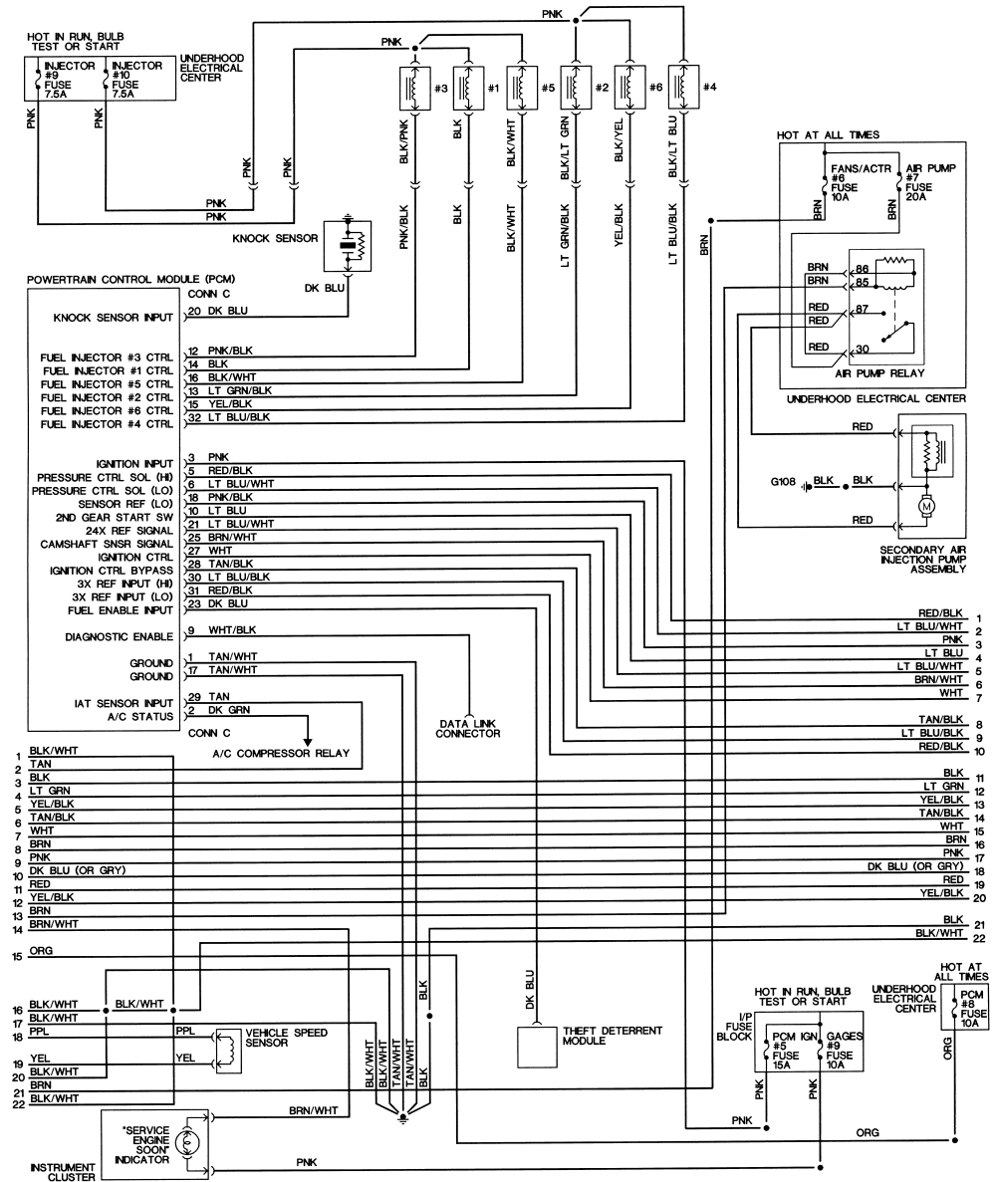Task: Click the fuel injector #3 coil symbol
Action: pos(414,88)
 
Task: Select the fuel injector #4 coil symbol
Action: pos(683,88)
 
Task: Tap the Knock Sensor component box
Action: pos(347,246)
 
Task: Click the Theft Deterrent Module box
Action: pos(536,1047)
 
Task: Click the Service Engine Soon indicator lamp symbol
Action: pos(183,1143)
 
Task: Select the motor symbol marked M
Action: pos(925,507)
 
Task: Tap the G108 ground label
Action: pos(783,482)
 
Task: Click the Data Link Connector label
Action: pos(467,728)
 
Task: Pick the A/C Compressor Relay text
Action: pos(281,753)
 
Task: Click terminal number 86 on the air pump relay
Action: pos(862,268)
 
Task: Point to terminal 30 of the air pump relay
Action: pos(862,349)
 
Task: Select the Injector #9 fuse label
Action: pos(70,80)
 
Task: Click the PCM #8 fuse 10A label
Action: pos(972,1009)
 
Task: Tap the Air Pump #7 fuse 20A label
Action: pos(930,182)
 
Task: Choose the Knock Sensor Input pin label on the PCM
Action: pos(114,318)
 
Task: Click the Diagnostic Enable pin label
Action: pos(120,637)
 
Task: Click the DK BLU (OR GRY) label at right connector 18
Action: pos(915,866)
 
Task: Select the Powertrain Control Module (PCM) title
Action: pos(131,279)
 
